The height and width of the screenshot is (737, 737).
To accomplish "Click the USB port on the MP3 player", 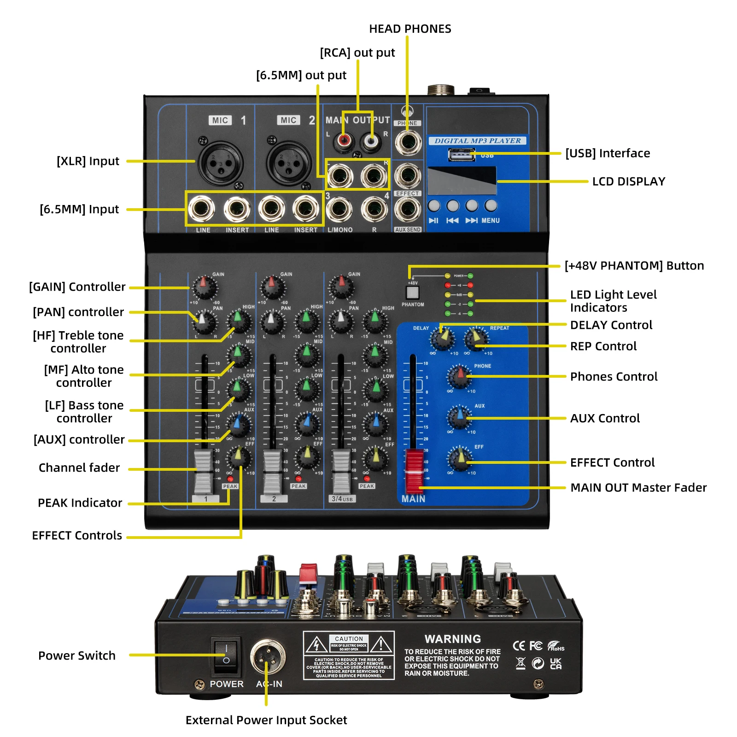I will (462, 155).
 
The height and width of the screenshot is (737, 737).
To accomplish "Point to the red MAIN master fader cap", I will (414, 470).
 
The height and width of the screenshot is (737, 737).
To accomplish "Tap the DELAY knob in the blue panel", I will (442, 339).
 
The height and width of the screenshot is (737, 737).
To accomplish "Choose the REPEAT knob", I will (476, 339).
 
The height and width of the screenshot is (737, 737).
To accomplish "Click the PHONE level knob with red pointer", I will (459, 377).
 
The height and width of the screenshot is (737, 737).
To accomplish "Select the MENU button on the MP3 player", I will (491, 205).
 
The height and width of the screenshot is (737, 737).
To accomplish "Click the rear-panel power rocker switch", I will (226, 655).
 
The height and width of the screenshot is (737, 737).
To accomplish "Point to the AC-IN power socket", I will (267, 656).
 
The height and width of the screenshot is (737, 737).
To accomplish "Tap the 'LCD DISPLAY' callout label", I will (628, 181).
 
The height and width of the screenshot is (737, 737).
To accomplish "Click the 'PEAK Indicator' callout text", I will (80, 503).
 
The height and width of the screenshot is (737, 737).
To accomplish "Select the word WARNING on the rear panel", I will (452, 639).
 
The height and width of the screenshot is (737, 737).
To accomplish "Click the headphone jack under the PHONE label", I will (408, 142).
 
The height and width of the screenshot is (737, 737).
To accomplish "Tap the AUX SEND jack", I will (408, 210).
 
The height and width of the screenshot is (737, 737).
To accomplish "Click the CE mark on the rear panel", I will (519, 646).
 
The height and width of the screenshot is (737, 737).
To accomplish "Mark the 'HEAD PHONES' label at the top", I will (410, 29).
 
